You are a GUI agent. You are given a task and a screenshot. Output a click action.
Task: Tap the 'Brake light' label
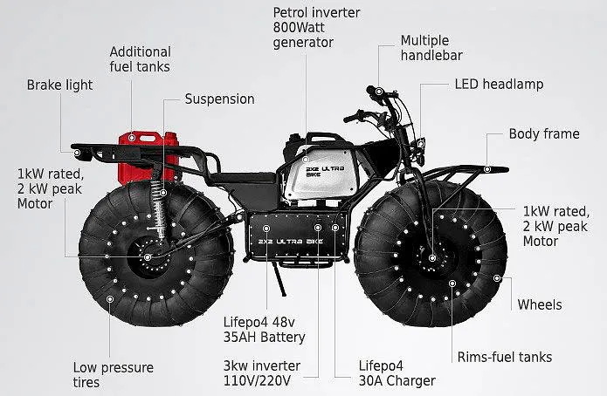[59, 85]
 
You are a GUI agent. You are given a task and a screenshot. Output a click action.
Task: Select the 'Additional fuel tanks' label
[140, 59]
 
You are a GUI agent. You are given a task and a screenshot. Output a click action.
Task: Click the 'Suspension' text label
[219, 99]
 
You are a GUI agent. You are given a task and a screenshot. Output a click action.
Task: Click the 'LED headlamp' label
[499, 85]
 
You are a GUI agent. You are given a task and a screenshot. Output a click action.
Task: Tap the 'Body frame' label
[543, 134]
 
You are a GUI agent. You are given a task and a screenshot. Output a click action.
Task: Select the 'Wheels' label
[540, 304]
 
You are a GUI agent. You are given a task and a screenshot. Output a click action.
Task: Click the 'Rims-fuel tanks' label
[505, 357]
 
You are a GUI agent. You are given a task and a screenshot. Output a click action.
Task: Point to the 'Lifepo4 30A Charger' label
[397, 373]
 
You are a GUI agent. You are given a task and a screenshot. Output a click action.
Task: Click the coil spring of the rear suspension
[160, 209]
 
